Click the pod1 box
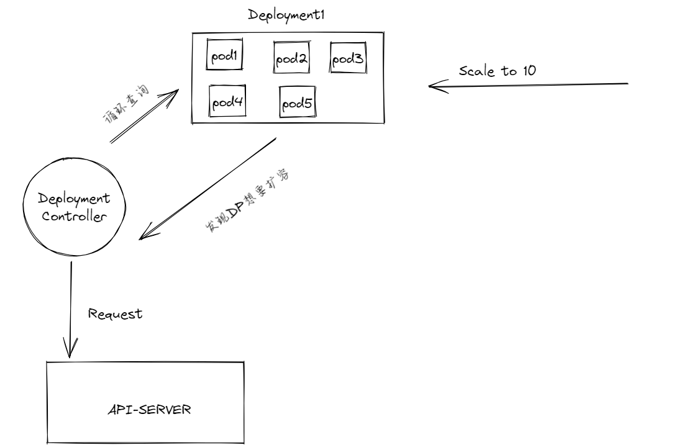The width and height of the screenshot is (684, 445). [224, 57]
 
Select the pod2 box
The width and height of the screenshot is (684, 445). [291, 59]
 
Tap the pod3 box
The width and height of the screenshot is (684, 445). [347, 59]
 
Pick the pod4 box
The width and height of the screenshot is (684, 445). [227, 103]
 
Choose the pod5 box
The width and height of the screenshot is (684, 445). [297, 104]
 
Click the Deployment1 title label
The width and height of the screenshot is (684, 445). [287, 14]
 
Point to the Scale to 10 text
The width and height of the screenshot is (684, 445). [497, 71]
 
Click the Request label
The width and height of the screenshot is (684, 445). [116, 314]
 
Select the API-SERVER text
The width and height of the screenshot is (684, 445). [145, 411]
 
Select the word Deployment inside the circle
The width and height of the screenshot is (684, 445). [74, 199]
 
